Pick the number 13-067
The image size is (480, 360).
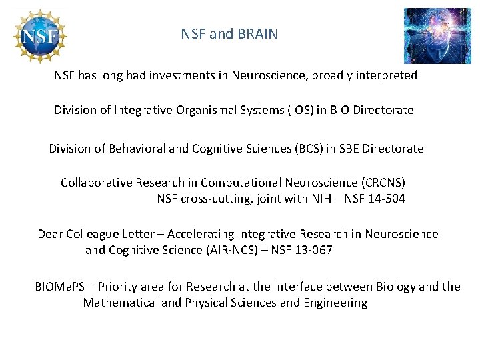[312, 250]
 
